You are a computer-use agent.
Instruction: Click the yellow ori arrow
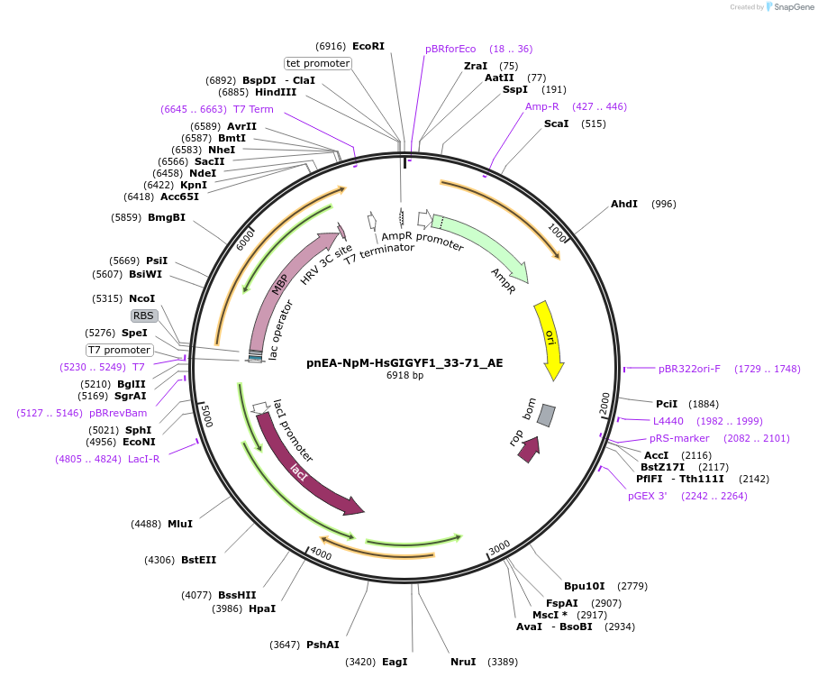point(548,339)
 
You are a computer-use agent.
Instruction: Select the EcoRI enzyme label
point(368,46)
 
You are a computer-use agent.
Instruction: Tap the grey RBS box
point(144,316)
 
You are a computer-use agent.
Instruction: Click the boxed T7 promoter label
point(119,350)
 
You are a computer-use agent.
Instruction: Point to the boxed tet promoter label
point(317,63)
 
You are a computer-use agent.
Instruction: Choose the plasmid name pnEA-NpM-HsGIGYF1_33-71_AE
point(404,363)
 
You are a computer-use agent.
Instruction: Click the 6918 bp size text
point(404,375)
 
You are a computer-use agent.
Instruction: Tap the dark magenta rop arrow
point(529,448)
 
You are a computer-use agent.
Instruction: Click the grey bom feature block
point(546,416)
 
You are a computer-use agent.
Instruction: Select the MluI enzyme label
point(180,524)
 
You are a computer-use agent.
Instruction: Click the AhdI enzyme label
point(624,204)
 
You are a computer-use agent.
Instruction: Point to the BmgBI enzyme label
point(167,217)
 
